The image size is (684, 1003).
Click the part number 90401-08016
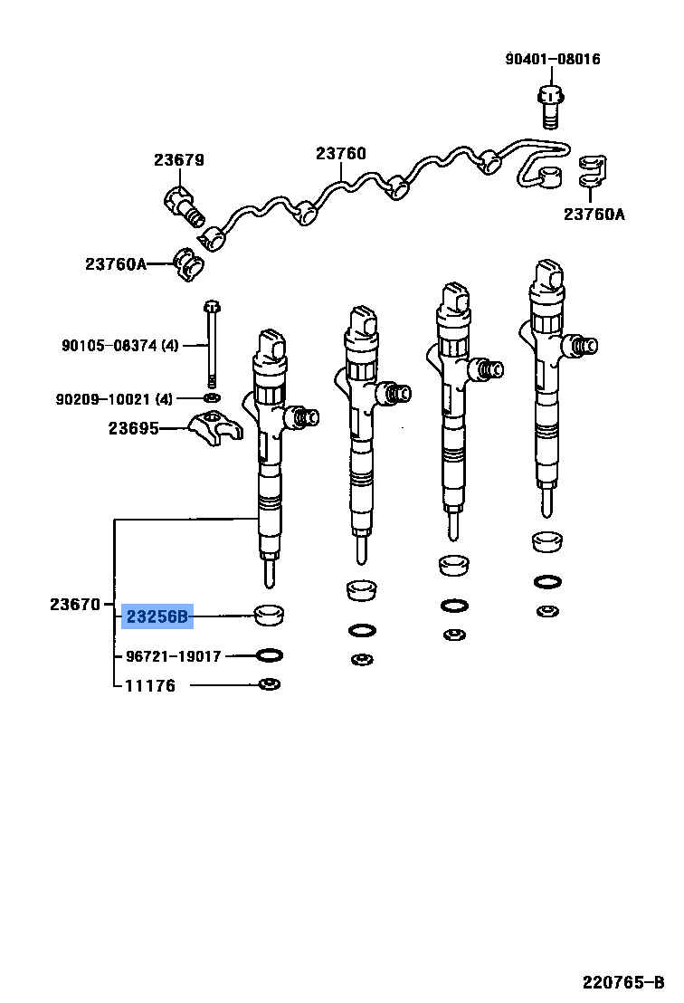[553, 59]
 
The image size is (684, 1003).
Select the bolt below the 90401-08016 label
[550, 108]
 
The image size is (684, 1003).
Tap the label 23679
[179, 160]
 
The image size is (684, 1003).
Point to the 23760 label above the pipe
[341, 154]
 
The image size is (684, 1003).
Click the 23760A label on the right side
[594, 215]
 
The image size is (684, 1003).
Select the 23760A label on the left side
[116, 263]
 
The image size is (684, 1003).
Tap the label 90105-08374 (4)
[120, 346]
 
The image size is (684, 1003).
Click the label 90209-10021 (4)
[114, 399]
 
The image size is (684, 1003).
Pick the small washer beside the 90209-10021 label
[212, 398]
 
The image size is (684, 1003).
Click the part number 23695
[134, 428]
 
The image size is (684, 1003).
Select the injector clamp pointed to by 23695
[216, 427]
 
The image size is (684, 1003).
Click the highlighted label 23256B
[157, 616]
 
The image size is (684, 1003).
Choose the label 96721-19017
[173, 656]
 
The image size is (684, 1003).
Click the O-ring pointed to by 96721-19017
[269, 655]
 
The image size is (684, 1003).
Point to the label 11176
[150, 686]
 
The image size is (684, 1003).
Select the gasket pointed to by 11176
[269, 684]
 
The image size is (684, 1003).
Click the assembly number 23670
[75, 604]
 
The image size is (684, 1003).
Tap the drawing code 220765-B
[623, 982]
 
